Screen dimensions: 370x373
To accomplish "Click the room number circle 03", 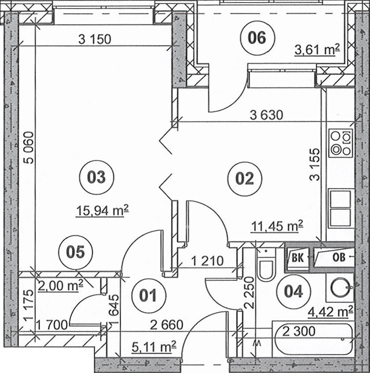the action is coord(96,177).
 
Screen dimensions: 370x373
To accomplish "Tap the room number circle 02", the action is coord(245,178).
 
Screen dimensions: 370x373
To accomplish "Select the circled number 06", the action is coord(257,38).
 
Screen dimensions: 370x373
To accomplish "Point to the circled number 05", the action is coord(75,252).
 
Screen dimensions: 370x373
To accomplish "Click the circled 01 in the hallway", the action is coord(148,296).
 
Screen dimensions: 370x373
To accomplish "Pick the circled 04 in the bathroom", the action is coord(294,291).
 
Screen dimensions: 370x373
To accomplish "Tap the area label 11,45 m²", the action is coord(277,226).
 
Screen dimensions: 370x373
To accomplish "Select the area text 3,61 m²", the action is coord(317,50).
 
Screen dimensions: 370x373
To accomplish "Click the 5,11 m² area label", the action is coord(154,347).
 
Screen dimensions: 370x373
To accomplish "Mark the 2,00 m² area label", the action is coord(61,285).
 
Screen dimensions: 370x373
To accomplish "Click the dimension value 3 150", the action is coord(95,39).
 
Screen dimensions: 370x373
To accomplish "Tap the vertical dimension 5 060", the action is coord(29,147).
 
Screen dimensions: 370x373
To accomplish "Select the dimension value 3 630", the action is coord(267,115).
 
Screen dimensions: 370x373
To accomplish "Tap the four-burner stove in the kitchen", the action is coord(341,143).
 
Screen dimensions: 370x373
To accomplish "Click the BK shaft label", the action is coord(297,258).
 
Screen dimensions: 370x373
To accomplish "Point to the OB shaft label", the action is coord(339,257).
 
